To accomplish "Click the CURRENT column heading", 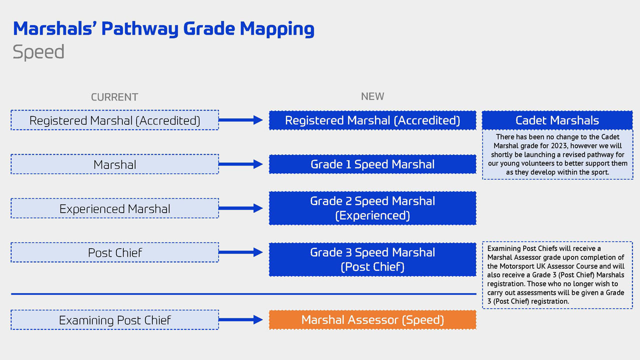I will tap(114, 97).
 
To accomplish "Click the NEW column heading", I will tap(372, 96).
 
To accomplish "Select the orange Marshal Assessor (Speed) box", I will tap(372, 320).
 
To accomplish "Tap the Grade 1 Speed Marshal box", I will tap(372, 164).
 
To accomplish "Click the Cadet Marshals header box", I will tap(557, 120).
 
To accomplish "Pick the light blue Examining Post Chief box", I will tap(114, 320).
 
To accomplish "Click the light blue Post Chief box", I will tap(114, 252).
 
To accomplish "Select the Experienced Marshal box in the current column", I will tap(114, 208).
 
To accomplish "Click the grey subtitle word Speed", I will tap(38, 52).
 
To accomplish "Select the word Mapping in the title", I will tap(277, 29).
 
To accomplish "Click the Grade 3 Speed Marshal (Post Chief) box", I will tap(372, 259).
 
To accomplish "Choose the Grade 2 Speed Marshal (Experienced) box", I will tap(372, 208).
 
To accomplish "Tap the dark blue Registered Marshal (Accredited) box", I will tap(372, 120).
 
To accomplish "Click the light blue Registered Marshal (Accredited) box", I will tap(114, 120).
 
